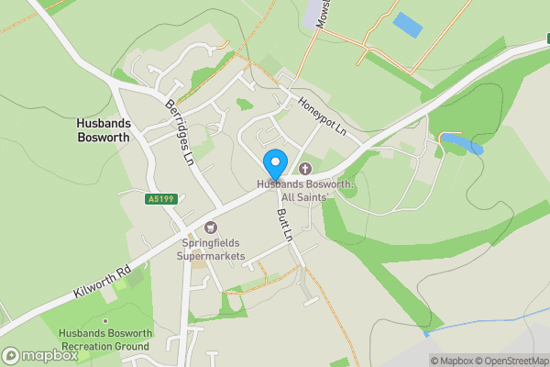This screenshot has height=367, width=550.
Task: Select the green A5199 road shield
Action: point(159,199)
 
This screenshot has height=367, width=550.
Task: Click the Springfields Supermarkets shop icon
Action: point(213,227)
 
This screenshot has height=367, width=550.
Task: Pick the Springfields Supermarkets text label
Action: point(213,250)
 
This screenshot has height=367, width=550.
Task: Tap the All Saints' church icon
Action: point(304,169)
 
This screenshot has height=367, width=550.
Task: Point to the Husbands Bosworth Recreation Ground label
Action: point(104,339)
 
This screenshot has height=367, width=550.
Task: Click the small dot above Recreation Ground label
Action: point(104,320)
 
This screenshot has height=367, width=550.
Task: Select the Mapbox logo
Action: point(40,355)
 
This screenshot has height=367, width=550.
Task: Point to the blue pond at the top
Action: point(407,25)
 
